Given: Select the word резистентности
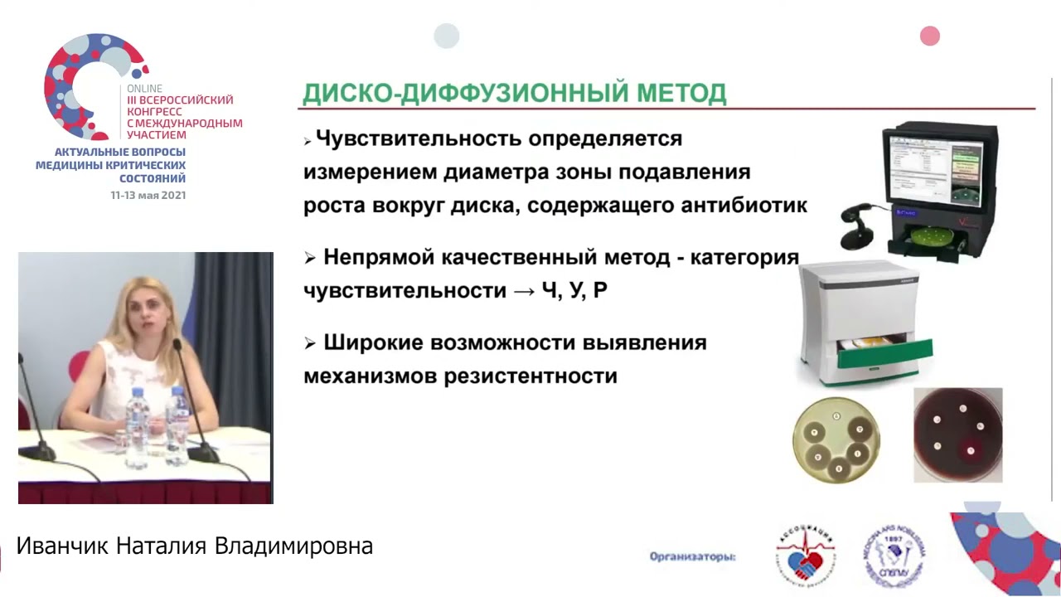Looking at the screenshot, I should pyautogui.click(x=530, y=376).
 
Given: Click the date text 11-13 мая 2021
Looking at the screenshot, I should pyautogui.click(x=148, y=196).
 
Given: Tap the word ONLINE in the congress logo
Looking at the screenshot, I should pyautogui.click(x=144, y=89).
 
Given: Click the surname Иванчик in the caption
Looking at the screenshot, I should pyautogui.click(x=63, y=546).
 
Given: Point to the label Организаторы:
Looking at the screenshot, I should pyautogui.click(x=693, y=557).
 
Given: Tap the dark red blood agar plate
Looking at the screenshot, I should pyautogui.click(x=957, y=434).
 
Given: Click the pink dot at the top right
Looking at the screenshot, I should pyautogui.click(x=930, y=36).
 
